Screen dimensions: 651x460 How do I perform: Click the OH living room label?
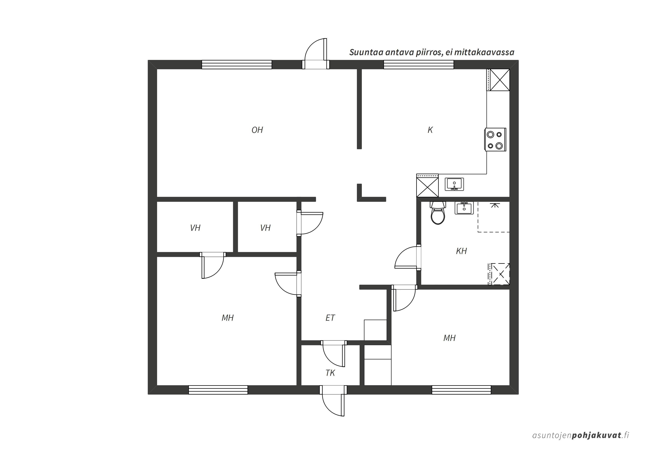pos(257,130)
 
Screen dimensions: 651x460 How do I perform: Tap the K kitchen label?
pos(430,130)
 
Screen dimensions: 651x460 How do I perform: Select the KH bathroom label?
pos(461,251)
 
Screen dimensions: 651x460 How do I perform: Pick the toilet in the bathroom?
pos(438,213)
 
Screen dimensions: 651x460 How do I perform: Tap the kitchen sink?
pos(454,184)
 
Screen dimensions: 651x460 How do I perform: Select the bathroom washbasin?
pos(464,208)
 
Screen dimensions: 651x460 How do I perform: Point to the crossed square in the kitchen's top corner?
pos(500,80)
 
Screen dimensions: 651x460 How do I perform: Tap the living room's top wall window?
pos(237,65)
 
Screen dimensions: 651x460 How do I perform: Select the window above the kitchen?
pos(418,65)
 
